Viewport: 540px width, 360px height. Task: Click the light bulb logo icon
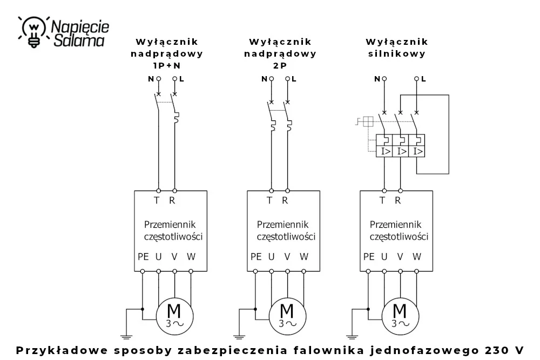33,31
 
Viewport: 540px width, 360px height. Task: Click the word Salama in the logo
79,40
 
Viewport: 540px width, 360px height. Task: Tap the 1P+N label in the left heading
167,65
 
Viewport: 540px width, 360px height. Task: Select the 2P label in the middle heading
280,65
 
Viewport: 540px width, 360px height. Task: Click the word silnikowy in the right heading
397,53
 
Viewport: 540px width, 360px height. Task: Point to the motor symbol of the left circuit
174,316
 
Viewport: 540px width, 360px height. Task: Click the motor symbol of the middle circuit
288,316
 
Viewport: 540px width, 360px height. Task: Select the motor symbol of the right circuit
401,316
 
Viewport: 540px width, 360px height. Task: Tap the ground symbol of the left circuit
126,337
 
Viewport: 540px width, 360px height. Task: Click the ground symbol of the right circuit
352,337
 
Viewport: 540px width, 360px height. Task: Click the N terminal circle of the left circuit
158,79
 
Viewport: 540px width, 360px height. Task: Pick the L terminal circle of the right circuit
416,79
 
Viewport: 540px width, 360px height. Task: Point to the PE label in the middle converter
256,257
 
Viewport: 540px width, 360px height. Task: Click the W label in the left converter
191,257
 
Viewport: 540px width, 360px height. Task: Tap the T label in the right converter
382,200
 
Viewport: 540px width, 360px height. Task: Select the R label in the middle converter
285,200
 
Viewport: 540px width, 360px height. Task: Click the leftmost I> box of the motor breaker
384,152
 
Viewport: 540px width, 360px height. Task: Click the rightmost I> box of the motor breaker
417,152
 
